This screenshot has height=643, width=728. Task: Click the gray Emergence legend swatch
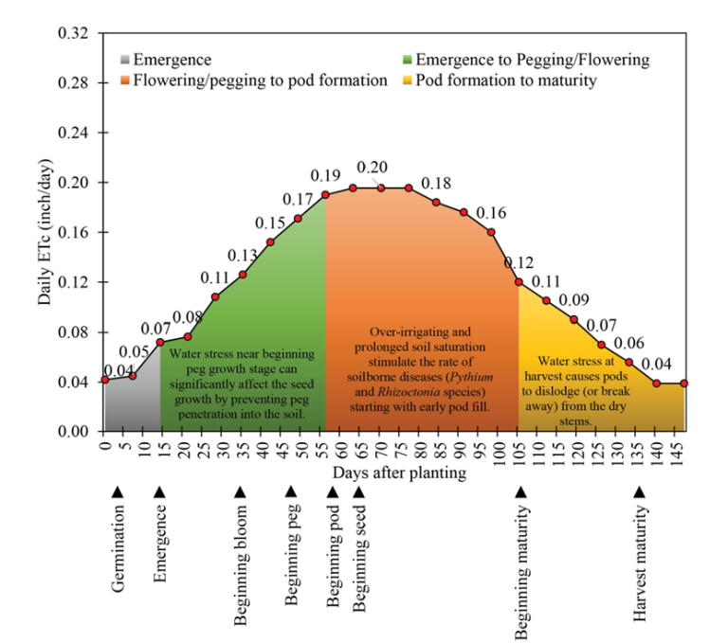125,61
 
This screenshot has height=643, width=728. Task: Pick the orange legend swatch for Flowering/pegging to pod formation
125,80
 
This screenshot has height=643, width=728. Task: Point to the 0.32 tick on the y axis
74,34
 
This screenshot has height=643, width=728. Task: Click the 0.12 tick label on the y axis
74,282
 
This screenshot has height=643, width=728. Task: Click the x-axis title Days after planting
399,472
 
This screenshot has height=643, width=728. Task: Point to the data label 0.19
325,176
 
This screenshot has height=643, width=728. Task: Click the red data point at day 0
104,380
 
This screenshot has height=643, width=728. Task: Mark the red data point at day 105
519,282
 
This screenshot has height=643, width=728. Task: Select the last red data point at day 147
684,383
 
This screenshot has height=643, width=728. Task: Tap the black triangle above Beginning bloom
241,491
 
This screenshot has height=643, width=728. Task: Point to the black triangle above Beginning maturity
519,491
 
